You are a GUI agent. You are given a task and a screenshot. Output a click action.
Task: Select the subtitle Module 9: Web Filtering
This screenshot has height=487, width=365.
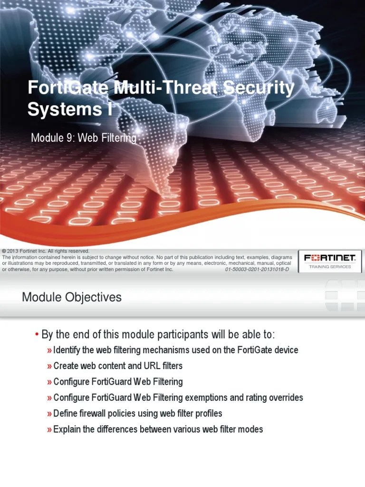point(84,138)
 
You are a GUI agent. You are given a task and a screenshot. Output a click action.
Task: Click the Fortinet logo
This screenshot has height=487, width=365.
point(330,258)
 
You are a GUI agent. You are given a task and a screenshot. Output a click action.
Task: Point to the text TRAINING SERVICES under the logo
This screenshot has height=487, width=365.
point(330,267)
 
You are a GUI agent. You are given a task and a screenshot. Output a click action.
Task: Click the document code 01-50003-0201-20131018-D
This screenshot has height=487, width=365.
point(256,269)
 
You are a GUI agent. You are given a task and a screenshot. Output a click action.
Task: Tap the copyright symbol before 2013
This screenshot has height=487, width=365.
point(4,251)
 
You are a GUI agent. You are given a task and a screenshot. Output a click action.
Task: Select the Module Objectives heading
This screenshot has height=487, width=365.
point(72,298)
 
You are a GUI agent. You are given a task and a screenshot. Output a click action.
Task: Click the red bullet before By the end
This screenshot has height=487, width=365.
point(37,334)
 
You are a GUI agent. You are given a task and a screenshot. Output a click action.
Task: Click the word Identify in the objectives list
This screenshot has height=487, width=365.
point(67,350)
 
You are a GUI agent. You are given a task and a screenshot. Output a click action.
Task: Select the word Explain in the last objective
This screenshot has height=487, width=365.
point(67,429)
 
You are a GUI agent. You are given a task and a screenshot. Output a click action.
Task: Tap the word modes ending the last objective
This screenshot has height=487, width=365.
point(251,429)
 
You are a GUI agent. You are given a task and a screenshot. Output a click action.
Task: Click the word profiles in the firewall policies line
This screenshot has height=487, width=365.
point(208,413)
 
